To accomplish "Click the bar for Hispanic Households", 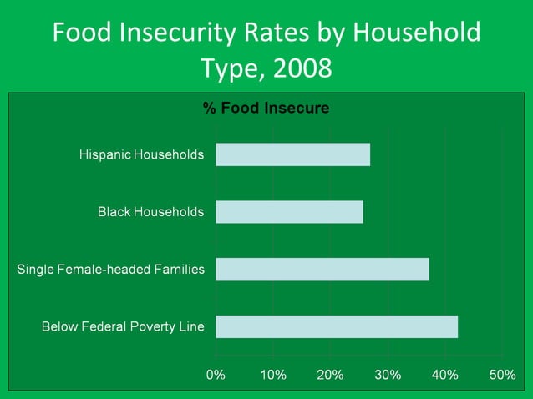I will (292, 154).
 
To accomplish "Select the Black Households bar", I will (289, 212).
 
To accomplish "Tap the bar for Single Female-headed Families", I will (322, 269).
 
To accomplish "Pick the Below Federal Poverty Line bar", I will (337, 326).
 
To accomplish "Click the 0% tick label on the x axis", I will (216, 375).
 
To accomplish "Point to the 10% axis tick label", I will (273, 375).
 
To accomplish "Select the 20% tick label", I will (330, 375).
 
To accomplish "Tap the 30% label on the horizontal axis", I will (388, 375).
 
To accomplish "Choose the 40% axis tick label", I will (444, 375).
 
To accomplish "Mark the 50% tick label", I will (502, 375).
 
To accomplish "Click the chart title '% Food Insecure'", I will (266, 108).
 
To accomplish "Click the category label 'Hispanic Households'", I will (141, 154).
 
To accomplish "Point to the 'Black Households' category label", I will (150, 212).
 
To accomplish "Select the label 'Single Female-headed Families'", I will (110, 269).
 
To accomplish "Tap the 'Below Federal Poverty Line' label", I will (123, 326).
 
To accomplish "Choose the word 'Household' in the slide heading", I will (416, 33).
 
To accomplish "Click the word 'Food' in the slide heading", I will (80, 33).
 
